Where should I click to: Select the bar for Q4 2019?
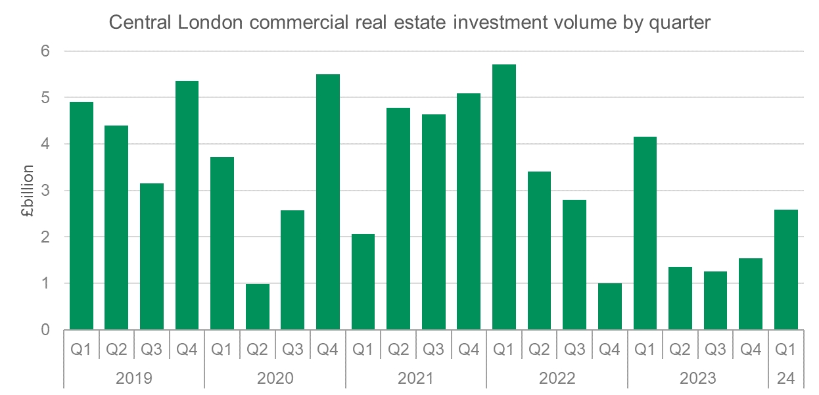point(187,205)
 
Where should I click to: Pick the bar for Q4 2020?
point(328,202)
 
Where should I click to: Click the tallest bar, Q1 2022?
point(504,197)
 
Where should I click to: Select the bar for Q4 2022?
point(609,306)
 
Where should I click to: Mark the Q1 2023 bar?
point(645,233)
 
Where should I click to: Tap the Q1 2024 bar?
point(786,269)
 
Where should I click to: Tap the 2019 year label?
point(134,379)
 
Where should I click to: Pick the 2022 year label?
point(557,379)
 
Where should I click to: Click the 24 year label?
point(786,379)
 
